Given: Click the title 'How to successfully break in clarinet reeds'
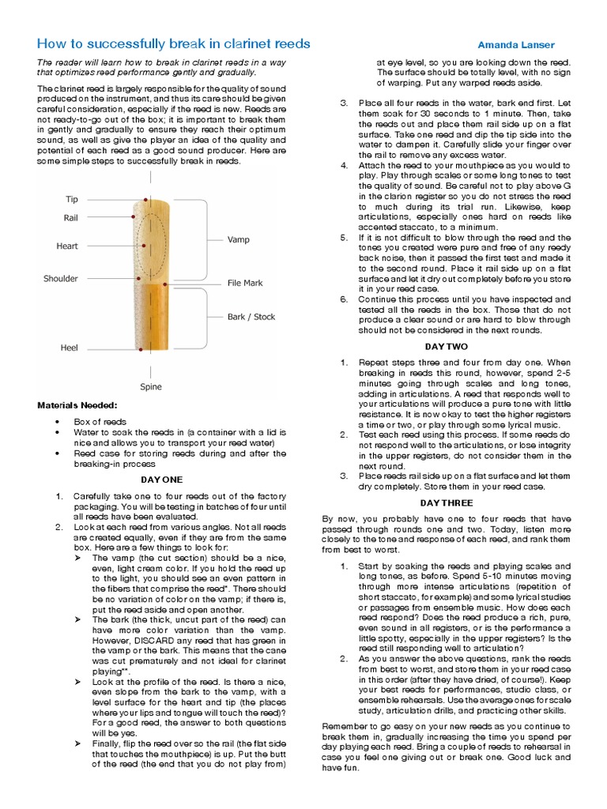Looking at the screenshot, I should (174, 43).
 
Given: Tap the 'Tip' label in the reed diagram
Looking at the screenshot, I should (71, 200).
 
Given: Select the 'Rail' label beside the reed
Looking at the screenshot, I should (70, 217).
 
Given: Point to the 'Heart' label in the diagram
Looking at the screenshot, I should (67, 246).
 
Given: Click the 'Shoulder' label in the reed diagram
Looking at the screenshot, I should (61, 279).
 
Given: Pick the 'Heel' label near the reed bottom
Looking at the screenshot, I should (70, 348).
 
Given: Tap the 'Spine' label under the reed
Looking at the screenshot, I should (151, 387).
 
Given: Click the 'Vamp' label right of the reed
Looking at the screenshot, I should (238, 239).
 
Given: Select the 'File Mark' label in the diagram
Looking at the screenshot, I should (245, 283).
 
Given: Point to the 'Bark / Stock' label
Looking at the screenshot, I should (251, 317).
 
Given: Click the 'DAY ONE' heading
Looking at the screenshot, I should (161, 480).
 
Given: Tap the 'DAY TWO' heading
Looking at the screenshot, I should (447, 346).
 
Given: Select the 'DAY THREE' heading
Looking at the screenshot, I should (447, 502).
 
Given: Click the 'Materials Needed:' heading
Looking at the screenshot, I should (77, 405).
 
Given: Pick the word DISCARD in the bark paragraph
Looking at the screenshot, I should (159, 631).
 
